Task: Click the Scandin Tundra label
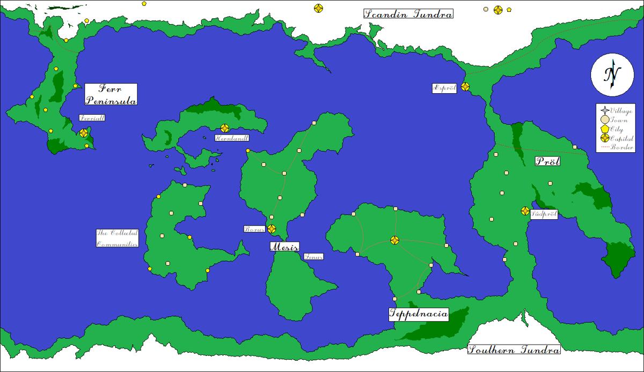click(x=408, y=14)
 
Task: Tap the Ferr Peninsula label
click(x=111, y=94)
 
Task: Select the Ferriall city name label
click(x=92, y=118)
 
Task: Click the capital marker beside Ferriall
click(x=84, y=133)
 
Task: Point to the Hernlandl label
click(x=232, y=138)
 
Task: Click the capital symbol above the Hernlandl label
click(x=225, y=128)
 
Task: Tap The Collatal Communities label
click(x=118, y=238)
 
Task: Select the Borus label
click(x=255, y=229)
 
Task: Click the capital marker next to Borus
click(x=272, y=229)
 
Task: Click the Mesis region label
click(x=284, y=247)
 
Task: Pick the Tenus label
click(x=313, y=257)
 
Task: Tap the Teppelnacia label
click(x=418, y=315)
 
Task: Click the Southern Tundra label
click(x=514, y=350)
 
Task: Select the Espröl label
click(x=445, y=88)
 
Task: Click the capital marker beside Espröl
click(x=465, y=86)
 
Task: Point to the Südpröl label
click(x=544, y=214)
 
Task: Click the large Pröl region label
click(x=547, y=161)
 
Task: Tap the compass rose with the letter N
click(x=611, y=75)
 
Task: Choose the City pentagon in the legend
click(x=605, y=129)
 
